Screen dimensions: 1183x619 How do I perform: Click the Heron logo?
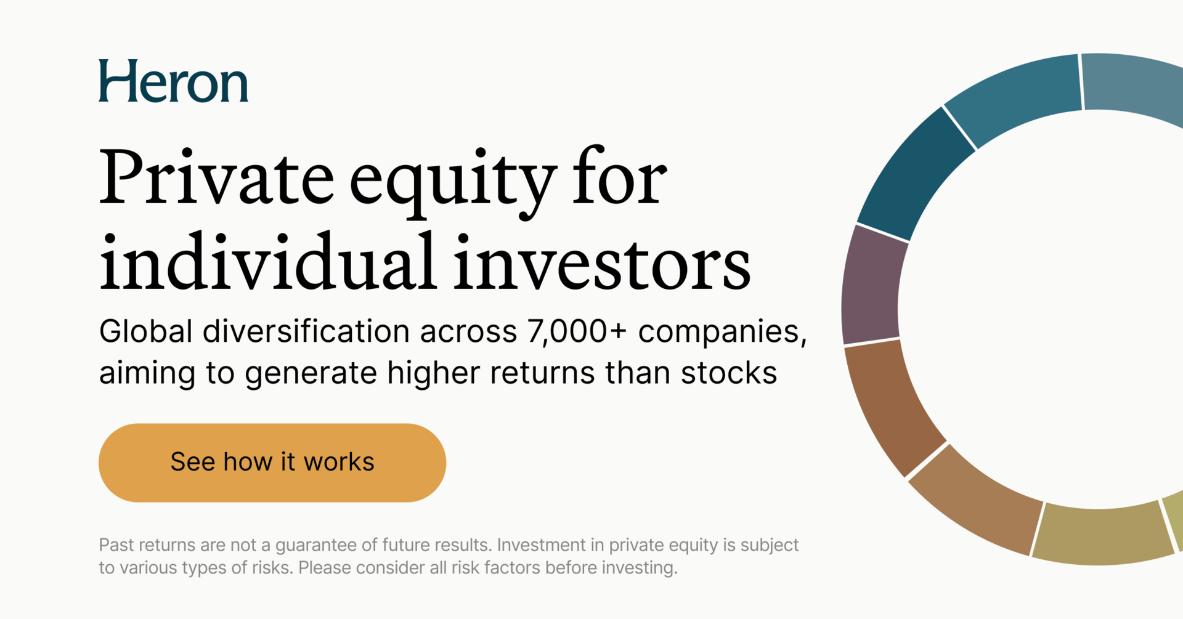(173, 81)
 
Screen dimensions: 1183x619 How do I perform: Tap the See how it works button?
(272, 463)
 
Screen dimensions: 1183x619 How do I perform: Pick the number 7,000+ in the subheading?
(577, 332)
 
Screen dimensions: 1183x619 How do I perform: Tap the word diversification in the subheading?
(306, 331)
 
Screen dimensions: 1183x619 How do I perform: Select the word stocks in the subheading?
(729, 373)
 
